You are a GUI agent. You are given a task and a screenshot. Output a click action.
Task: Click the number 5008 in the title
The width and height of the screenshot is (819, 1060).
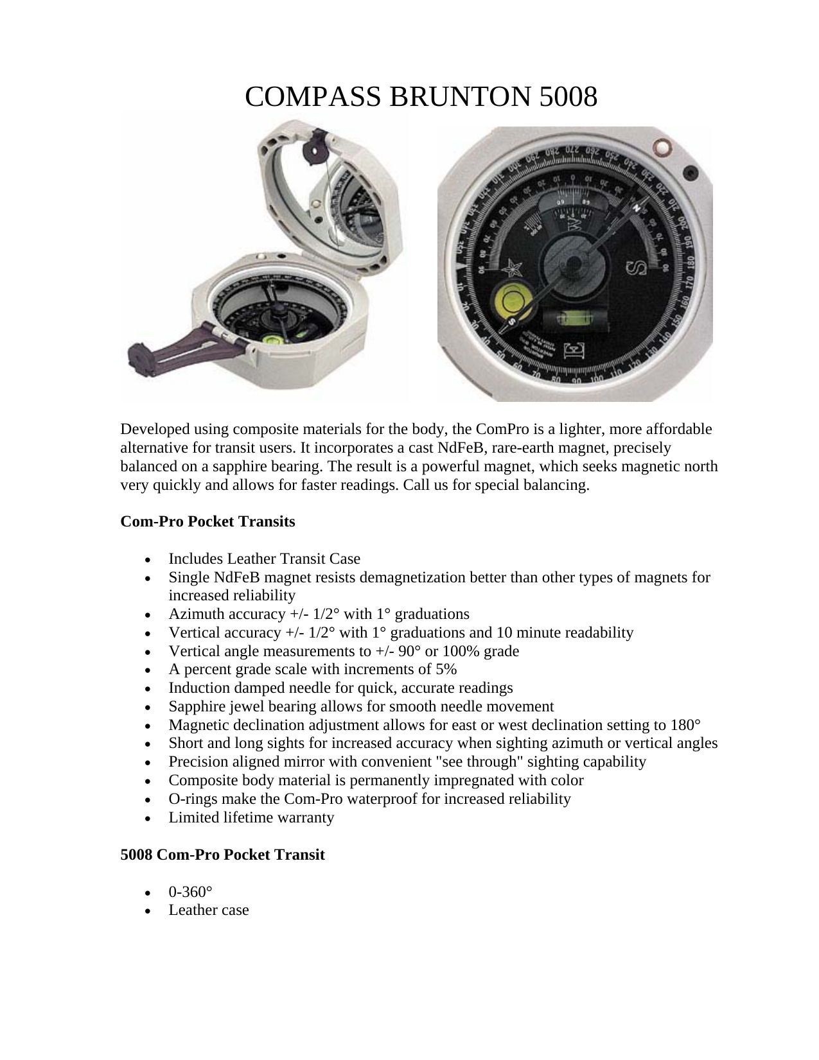[568, 97]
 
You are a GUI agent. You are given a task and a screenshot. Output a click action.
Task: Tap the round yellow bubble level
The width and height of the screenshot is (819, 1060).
[513, 299]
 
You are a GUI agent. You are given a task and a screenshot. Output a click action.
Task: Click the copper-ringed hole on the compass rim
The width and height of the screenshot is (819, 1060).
[659, 148]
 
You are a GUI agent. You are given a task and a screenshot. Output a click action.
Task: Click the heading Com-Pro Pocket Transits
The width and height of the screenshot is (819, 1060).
[207, 521]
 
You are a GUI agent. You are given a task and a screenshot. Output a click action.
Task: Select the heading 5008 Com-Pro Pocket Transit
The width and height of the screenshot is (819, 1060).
[222, 855]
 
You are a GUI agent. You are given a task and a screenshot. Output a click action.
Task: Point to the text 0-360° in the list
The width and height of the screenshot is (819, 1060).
[190, 892]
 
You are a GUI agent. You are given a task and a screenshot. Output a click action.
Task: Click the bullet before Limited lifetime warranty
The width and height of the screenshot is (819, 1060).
[148, 819]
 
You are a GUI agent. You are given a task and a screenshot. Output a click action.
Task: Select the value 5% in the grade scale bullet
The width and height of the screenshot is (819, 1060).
[446, 669]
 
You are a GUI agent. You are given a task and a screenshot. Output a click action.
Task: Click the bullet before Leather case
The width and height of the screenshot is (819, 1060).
[148, 911]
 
